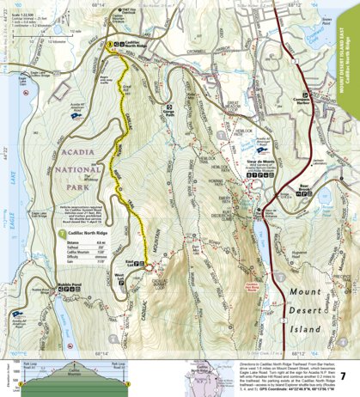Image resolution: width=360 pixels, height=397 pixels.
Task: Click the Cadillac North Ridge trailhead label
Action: (138, 46)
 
